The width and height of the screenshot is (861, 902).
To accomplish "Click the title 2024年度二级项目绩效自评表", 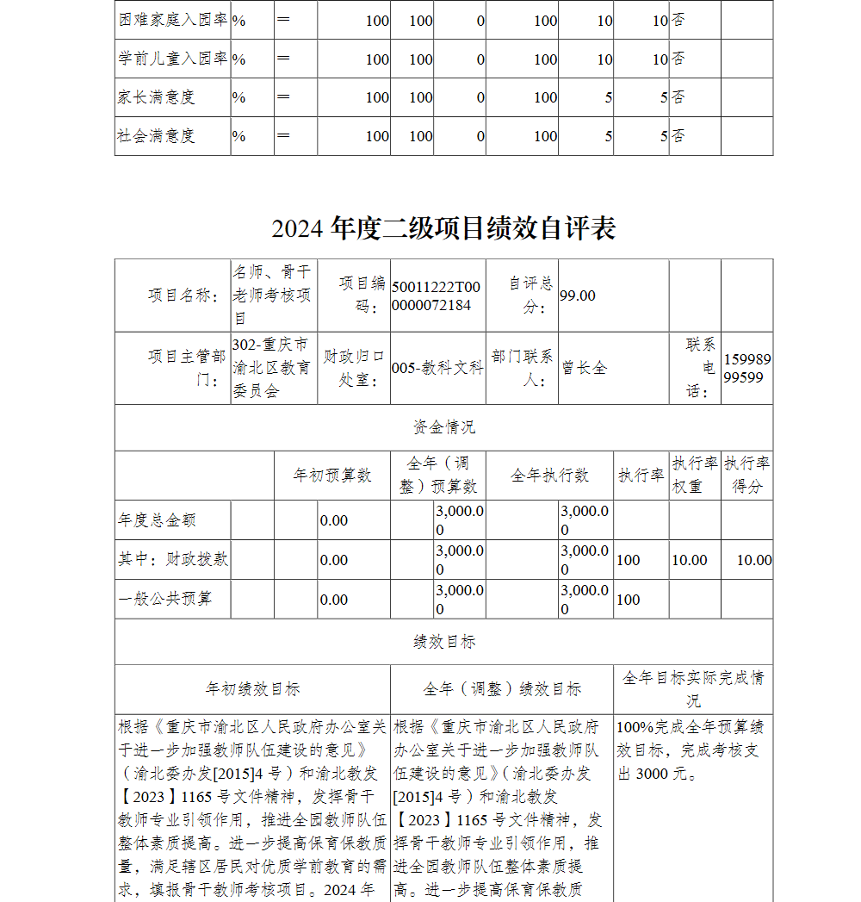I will (x=443, y=228).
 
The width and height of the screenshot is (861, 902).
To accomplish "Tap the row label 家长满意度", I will (x=157, y=97).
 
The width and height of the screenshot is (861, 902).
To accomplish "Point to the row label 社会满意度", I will (x=157, y=136).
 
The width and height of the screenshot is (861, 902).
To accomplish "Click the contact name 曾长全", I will (x=585, y=368).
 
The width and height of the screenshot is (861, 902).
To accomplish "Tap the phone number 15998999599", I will (x=746, y=368).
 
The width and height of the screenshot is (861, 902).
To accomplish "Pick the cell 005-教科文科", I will (x=437, y=368).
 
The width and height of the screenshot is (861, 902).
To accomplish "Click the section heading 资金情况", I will (x=443, y=427).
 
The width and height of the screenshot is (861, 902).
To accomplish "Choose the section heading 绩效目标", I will (x=443, y=642).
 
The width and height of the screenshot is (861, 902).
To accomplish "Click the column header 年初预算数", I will (x=332, y=475).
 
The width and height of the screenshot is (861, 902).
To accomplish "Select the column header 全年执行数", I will (x=549, y=475).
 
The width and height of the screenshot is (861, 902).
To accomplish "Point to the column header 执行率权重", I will (x=694, y=475).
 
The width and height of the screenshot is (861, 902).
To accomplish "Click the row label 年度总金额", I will (x=157, y=520).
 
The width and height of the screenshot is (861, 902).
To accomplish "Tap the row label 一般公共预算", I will (x=164, y=599).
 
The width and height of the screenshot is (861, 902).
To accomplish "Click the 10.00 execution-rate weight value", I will (x=690, y=560).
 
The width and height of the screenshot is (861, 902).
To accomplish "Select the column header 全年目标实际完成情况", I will (x=693, y=688).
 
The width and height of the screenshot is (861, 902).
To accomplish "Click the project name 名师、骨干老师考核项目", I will (x=272, y=295).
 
